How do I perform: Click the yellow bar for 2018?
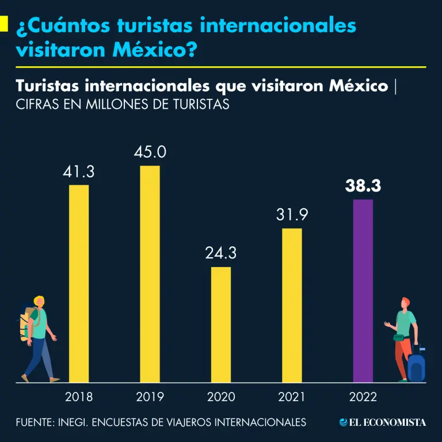79,283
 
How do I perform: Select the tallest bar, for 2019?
150,274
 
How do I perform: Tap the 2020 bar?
221,324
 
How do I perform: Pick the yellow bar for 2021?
292,305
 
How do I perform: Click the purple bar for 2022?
363,291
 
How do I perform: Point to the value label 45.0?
150,153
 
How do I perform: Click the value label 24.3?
221,253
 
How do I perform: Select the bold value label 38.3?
363,186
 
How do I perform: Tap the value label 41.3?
79,172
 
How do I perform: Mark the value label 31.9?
292,215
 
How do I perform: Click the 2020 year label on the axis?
221,397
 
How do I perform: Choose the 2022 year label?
363,397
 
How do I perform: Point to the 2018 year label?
79,397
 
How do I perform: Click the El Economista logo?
383,422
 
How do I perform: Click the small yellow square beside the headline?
3,23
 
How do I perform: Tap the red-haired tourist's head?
406,303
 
